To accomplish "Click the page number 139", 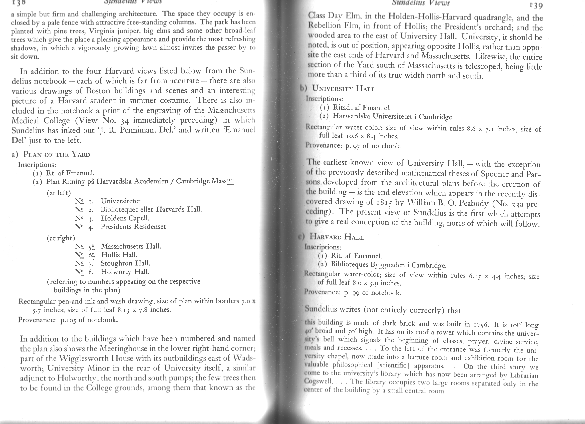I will click(x=536, y=6).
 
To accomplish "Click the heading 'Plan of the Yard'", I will click(x=57, y=155).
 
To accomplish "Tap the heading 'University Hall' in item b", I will click(x=343, y=89).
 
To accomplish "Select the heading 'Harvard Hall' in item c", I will click(x=337, y=237).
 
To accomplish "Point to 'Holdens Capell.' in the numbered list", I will click(x=125, y=218).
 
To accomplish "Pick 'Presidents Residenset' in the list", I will click(x=133, y=227).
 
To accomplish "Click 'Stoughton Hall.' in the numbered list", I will click(x=125, y=263).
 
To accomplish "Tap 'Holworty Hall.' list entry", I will click(x=125, y=272).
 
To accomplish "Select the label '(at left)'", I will click(x=59, y=193).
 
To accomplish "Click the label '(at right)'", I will click(x=61, y=238).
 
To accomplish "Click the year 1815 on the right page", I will click(x=380, y=202).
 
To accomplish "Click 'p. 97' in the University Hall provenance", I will click(x=352, y=146).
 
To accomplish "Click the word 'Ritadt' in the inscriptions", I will click(x=343, y=107).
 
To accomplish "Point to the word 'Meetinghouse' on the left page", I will click(x=119, y=349).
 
